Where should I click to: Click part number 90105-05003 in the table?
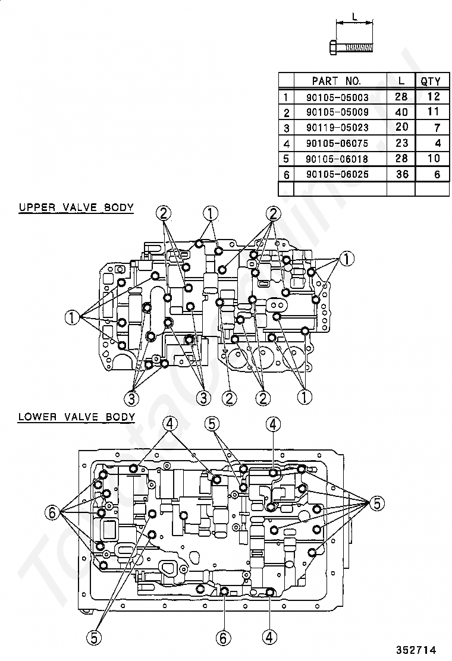(337, 97)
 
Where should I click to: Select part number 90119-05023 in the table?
(337, 128)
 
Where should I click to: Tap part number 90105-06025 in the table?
(337, 174)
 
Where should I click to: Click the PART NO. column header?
(336, 80)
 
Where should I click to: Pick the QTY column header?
(431, 81)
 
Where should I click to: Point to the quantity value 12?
(433, 96)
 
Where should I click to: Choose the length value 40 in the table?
(401, 112)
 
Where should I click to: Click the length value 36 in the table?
(402, 174)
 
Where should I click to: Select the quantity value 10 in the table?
(433, 159)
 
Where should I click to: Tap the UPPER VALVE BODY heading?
(76, 207)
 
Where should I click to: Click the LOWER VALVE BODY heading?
(77, 417)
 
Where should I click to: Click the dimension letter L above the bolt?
(355, 18)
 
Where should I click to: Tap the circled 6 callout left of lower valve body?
(51, 512)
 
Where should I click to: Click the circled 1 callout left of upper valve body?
(72, 317)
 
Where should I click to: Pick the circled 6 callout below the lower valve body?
(223, 638)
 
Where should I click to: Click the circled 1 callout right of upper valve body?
(347, 259)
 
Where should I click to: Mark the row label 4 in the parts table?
(286, 144)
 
